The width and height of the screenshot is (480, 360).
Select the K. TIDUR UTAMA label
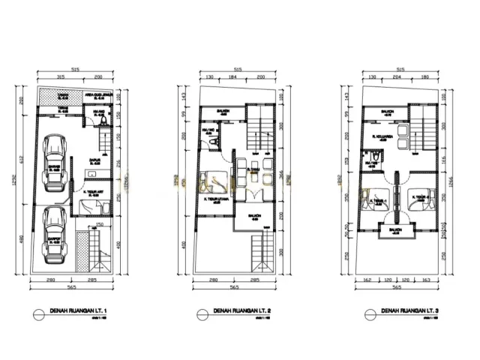coord(217,199)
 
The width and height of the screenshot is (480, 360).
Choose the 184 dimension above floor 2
coord(232,76)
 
